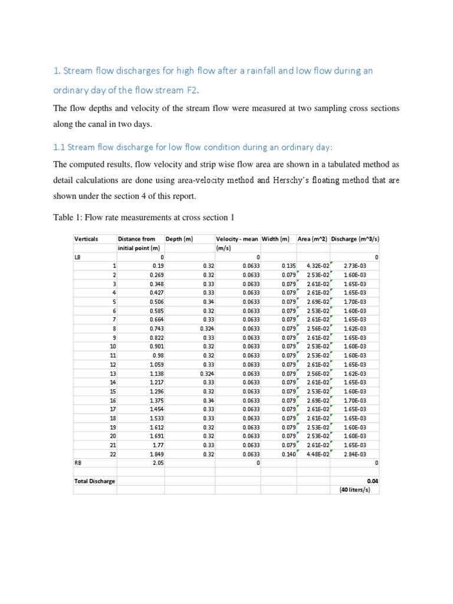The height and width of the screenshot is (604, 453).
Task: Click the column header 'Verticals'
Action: [x=86, y=239]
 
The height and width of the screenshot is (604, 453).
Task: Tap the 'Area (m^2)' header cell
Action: [x=313, y=239]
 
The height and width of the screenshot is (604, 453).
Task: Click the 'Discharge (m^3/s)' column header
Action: [x=354, y=239]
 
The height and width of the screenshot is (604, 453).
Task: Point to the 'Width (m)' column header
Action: [x=276, y=239]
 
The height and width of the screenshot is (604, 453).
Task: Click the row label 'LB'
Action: [x=78, y=257]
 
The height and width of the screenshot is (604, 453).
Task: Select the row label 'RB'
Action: [x=78, y=463]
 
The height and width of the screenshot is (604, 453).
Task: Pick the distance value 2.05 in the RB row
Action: [x=157, y=463]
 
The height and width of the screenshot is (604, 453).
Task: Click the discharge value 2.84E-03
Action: [x=354, y=454]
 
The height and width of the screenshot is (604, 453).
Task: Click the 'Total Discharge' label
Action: [x=94, y=481]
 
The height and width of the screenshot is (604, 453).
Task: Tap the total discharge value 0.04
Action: [x=372, y=481]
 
